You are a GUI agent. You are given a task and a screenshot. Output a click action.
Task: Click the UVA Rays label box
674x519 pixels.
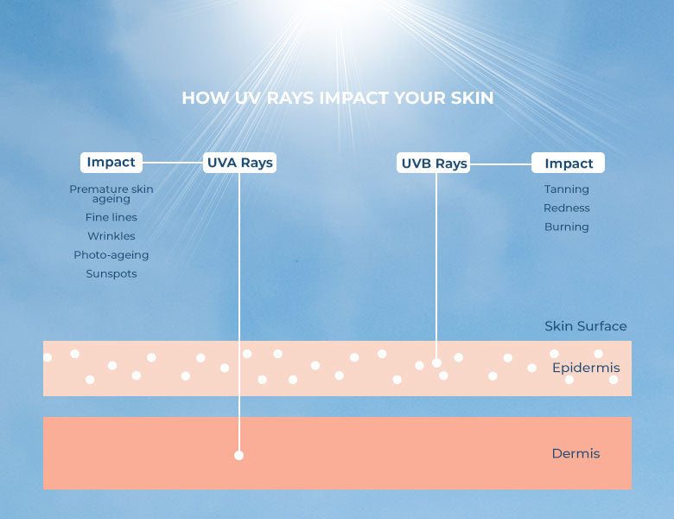(239, 163)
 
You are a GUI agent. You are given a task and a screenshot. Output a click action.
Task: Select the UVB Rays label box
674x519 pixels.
(433, 163)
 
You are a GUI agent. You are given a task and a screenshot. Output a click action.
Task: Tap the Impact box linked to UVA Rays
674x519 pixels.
(111, 163)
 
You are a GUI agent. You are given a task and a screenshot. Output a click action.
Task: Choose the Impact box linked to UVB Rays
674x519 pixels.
(568, 163)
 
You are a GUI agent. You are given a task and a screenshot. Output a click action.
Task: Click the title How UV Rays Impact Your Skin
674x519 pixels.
(337, 98)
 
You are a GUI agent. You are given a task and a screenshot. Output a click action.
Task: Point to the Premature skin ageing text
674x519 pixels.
(111, 194)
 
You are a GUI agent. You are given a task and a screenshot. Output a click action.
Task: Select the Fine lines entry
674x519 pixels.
(111, 217)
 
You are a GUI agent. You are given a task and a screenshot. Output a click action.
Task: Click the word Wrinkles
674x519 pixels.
(111, 236)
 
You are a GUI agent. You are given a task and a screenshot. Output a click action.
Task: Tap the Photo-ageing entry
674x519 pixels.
(111, 255)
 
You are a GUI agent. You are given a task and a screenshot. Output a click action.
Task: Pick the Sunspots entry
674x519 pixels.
(111, 273)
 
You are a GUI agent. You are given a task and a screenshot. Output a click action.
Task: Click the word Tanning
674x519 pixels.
(567, 189)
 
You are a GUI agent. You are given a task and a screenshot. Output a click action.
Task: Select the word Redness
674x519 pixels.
(567, 208)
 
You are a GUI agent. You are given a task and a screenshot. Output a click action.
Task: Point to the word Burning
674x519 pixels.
(567, 227)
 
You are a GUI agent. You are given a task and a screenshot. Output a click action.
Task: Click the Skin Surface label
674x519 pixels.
(586, 326)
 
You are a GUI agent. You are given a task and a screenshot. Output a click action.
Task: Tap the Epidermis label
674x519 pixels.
(586, 368)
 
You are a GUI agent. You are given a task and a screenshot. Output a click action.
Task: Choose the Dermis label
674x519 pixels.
(575, 453)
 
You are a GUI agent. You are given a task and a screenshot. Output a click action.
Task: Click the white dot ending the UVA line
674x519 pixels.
(239, 455)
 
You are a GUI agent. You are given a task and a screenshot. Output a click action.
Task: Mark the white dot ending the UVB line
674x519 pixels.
(436, 362)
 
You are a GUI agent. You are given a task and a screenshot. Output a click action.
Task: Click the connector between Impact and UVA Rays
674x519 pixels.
(173, 163)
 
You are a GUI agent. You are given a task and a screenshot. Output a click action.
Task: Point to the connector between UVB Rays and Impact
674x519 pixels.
(501, 164)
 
